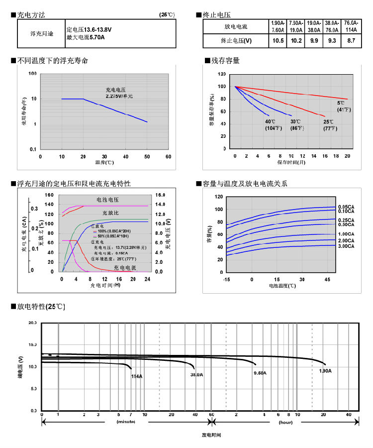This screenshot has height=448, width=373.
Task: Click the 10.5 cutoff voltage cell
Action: click(x=279, y=41)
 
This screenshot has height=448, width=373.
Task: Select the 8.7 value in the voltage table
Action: click(x=351, y=41)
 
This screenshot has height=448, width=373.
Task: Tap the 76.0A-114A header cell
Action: click(x=351, y=26)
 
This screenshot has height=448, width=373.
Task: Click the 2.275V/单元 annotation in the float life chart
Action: click(x=119, y=95)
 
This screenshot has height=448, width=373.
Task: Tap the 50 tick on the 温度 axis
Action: click(x=147, y=156)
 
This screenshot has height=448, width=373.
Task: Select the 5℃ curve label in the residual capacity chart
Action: click(x=341, y=103)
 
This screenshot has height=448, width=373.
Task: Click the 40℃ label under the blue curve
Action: click(x=270, y=121)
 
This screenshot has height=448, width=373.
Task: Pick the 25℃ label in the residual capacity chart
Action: click(x=328, y=121)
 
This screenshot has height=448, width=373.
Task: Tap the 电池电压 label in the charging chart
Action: click(x=107, y=199)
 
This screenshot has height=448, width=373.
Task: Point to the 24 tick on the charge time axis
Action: click(x=147, y=279)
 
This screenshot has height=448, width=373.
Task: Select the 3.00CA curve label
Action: click(x=346, y=246)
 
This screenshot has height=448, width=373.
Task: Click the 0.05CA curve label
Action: click(x=346, y=207)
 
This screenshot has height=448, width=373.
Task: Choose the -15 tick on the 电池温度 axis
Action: click(x=226, y=279)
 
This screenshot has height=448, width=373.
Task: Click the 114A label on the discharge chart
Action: click(x=137, y=376)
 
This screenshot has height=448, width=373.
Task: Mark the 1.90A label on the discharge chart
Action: click(x=325, y=371)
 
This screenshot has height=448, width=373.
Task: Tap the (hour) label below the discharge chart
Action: click(x=285, y=422)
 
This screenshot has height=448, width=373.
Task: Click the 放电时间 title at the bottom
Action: click(x=211, y=435)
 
